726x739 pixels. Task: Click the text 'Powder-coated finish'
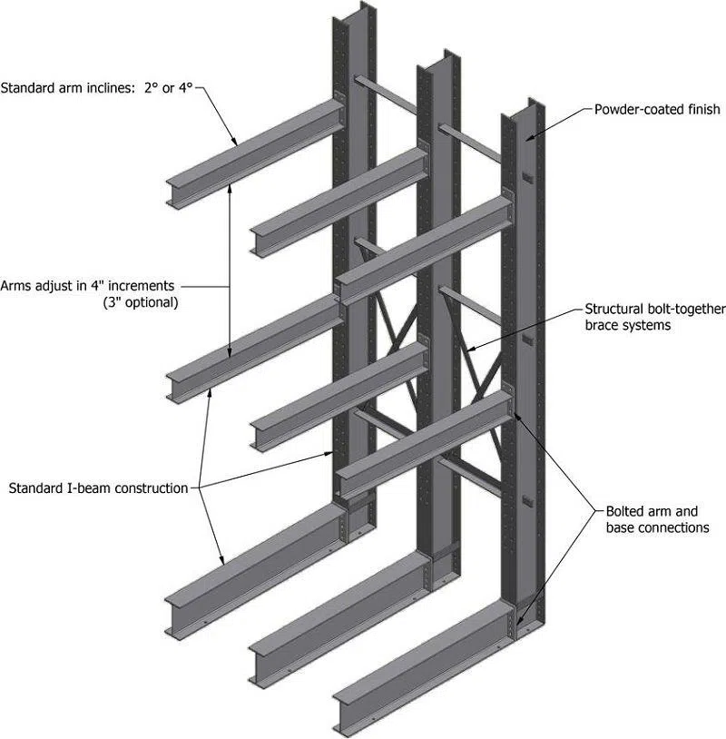coord(656,109)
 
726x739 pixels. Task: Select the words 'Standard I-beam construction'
coord(98,488)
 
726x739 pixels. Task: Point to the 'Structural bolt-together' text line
coord(654,310)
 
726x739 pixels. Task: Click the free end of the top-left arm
coord(176,192)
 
